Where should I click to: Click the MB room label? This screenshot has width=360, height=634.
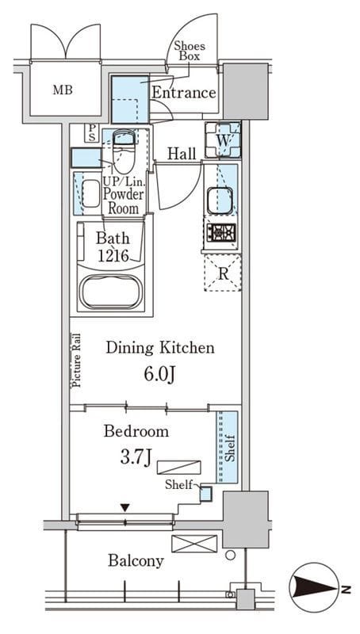tap(63, 90)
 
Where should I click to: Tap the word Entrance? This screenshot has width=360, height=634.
tap(184, 93)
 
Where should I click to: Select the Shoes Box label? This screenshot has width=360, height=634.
tap(190, 51)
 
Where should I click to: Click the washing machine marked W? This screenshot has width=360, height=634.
tap(223, 140)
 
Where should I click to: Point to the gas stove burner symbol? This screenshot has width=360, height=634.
tap(221, 233)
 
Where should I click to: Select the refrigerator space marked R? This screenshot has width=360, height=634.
tap(223, 273)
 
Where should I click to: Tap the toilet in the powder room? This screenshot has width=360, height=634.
tap(123, 151)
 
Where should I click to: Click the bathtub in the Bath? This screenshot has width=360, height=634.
tap(111, 292)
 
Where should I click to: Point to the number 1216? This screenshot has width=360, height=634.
tap(113, 256)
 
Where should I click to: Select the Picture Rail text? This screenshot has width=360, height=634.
tap(76, 361)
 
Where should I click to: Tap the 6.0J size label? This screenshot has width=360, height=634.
tap(159, 375)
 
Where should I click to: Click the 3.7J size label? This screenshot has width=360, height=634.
tap(136, 458)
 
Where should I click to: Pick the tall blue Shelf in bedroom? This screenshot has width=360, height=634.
tap(227, 447)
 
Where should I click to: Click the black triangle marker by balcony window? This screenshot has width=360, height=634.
tap(125, 507)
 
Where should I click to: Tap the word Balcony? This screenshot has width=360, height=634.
tap(136, 561)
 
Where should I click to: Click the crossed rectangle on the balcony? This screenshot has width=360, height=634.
tap(194, 544)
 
